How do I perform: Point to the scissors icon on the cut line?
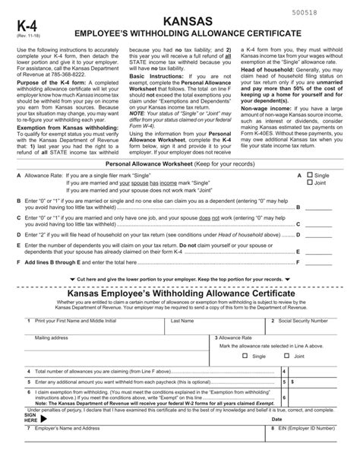click(16, 279)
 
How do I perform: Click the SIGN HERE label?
click(31, 417)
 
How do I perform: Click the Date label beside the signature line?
click(277, 419)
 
